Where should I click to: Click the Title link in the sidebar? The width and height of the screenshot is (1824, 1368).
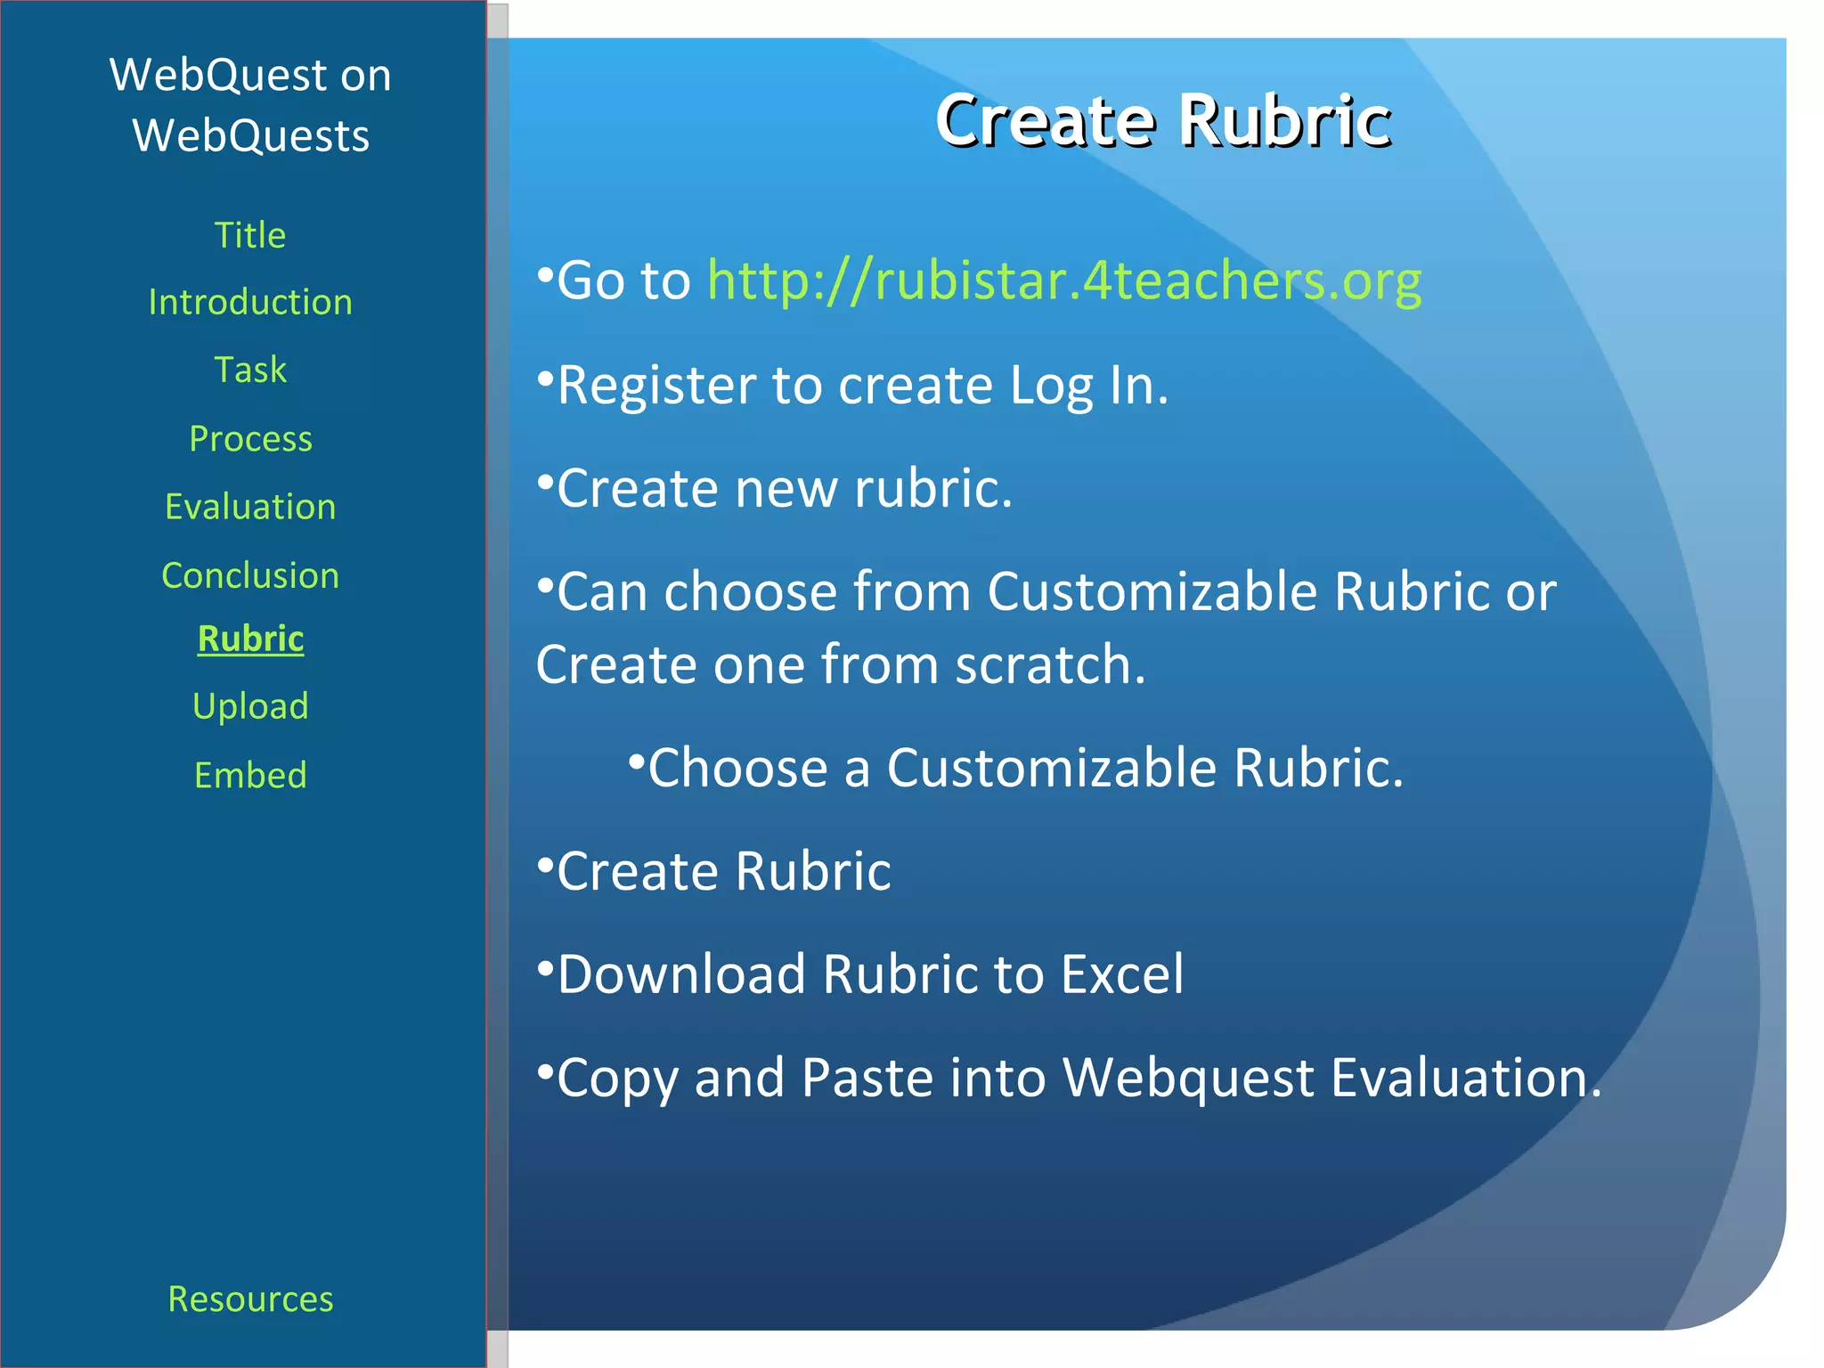250,236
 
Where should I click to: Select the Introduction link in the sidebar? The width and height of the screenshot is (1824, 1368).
250,303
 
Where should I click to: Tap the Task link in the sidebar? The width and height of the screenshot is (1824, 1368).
250,370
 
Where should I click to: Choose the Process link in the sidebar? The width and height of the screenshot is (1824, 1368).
250,439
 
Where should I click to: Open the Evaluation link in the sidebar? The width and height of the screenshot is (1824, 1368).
250,507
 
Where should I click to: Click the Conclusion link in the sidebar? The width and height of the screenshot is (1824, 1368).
250,575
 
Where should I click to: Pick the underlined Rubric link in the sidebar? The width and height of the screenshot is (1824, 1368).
250,639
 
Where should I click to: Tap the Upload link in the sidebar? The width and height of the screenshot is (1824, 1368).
250,706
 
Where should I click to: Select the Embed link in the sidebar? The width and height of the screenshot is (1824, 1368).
250,775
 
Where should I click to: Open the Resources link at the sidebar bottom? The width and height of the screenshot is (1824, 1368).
250,1299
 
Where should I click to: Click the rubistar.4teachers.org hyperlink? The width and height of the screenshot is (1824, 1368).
1063,281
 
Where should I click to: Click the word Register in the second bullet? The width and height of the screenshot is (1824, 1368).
655,387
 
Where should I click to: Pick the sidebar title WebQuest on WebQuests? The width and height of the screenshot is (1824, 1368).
250,105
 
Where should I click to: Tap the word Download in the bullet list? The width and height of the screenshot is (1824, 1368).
681,974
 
